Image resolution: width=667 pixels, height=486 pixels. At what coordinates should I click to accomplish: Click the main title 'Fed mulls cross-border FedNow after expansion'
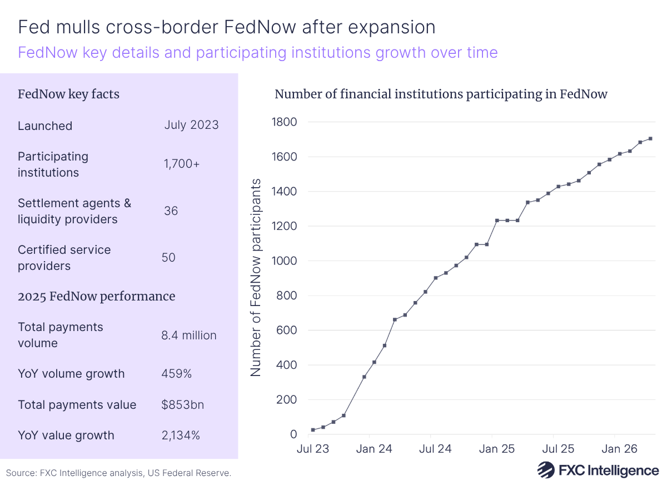coord(227,27)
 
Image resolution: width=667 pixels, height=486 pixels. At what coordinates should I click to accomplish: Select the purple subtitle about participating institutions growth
coord(257,53)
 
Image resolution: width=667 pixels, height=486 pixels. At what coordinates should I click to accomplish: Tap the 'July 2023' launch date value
coord(191,125)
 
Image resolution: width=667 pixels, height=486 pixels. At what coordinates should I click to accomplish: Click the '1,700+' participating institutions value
coord(181,164)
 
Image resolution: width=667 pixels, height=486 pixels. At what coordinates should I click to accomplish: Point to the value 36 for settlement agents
coord(171,211)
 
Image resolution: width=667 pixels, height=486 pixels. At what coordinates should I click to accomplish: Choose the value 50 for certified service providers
coord(168,258)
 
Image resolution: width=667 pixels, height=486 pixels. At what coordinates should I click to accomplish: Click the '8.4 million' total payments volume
coord(189,335)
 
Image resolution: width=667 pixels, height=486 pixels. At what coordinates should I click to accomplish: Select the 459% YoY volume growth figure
coord(176,374)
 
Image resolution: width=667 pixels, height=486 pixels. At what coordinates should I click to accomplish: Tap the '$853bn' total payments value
coord(183,404)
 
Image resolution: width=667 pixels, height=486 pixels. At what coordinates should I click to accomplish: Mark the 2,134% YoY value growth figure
coord(181,435)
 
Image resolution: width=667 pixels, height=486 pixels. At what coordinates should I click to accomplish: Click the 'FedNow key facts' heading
coord(68,94)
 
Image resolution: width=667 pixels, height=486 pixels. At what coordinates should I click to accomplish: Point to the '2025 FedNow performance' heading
coord(96,297)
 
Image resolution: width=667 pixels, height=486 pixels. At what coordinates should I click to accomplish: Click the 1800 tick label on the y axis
coord(283,122)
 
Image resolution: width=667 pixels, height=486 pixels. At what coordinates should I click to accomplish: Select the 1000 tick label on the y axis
coord(283,261)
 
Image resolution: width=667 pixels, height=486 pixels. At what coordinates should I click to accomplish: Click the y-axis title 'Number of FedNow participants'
coord(256,278)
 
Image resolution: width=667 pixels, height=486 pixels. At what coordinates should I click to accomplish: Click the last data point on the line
coord(650,139)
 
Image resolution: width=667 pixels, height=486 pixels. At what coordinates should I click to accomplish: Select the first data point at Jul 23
coord(313,430)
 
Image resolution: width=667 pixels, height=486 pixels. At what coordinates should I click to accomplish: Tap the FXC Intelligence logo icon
coord(546,470)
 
